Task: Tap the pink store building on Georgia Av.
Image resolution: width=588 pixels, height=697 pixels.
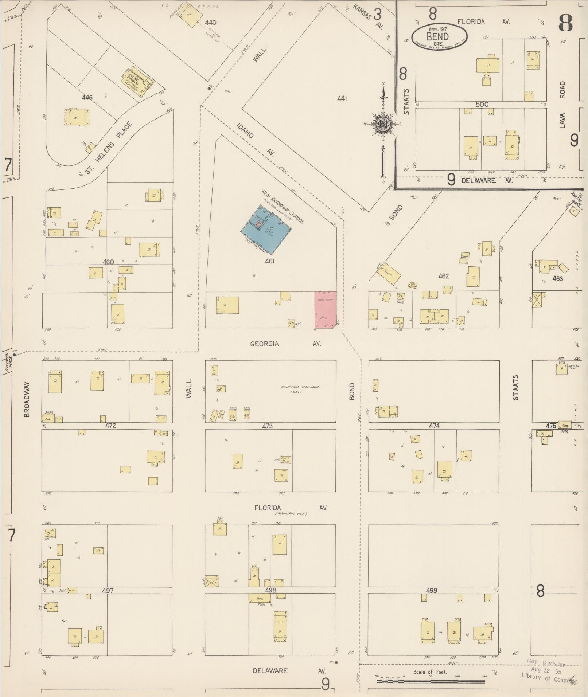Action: (326, 309)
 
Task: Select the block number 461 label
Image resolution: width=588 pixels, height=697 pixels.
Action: (270, 261)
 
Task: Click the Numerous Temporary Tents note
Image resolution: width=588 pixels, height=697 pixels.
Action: (300, 389)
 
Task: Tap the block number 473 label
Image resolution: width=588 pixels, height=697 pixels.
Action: (267, 426)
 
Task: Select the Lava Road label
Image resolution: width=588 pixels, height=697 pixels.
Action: (562, 106)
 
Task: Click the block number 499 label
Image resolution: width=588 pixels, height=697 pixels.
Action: (431, 590)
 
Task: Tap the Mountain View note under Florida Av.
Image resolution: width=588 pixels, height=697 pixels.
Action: (291, 514)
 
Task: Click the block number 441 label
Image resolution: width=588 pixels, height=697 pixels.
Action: (342, 98)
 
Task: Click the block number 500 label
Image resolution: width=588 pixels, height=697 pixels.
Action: (482, 104)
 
